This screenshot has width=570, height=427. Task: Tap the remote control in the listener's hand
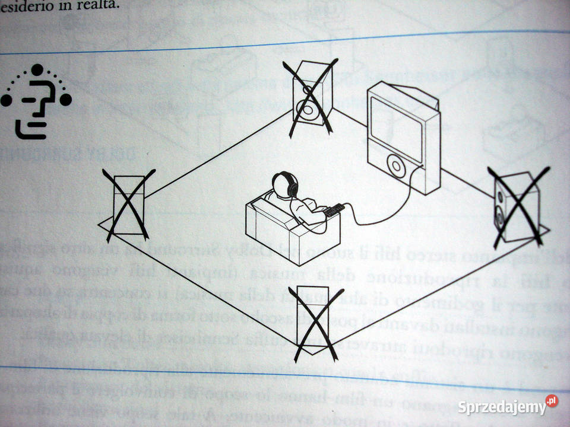[334, 209]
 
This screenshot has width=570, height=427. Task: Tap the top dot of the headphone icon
[37, 70]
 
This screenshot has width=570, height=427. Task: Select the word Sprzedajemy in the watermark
[502, 407]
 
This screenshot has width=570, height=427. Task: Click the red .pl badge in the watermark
[552, 401]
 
